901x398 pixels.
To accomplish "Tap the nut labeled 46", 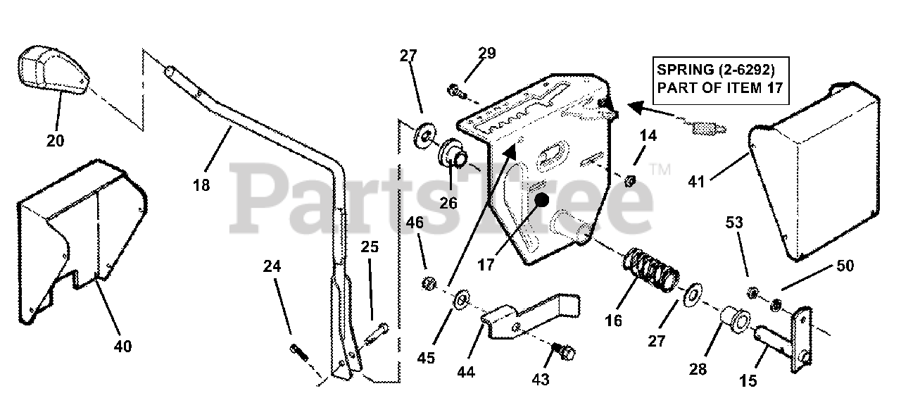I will coord(427,283).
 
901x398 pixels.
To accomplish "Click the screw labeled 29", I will coord(455,89).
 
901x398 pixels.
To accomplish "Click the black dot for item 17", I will coord(541,200).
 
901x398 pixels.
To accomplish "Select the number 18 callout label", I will coord(201,186).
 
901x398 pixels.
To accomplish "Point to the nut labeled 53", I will coord(752,291).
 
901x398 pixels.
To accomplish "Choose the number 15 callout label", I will coord(748,381).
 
